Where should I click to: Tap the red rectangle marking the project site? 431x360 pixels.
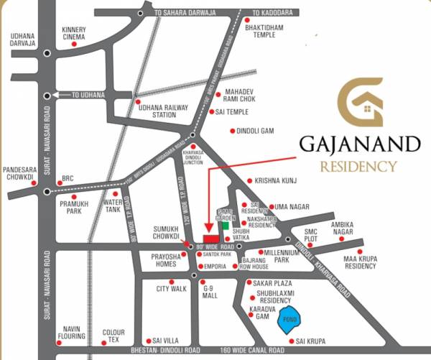210,239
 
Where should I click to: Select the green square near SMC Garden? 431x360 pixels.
225,225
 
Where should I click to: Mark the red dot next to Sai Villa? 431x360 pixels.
147,341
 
